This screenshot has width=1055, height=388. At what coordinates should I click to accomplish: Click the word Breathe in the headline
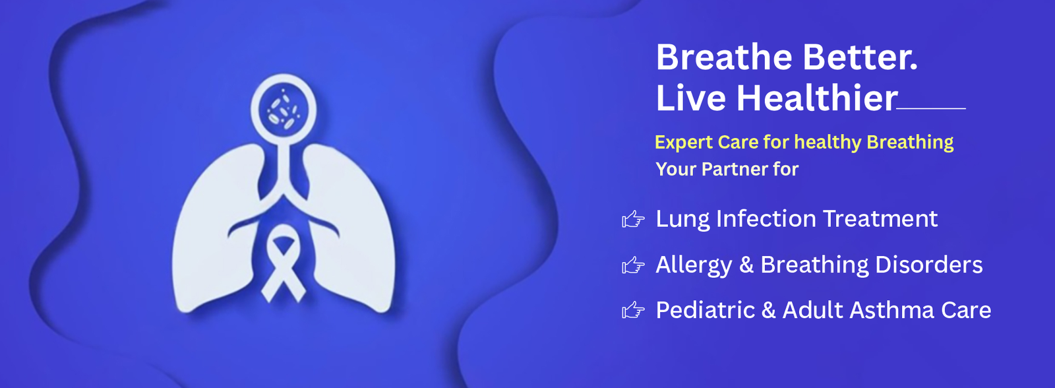(724, 57)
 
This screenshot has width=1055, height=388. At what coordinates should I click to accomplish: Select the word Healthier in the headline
(817, 98)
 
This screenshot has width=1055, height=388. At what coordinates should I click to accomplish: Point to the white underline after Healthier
(931, 108)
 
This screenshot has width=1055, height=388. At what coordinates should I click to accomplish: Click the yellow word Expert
(683, 143)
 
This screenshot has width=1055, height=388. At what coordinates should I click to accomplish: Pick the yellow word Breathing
(910, 143)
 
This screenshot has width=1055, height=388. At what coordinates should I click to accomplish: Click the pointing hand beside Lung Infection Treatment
(633, 219)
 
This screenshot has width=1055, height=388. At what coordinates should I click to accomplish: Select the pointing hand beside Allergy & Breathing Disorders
(633, 265)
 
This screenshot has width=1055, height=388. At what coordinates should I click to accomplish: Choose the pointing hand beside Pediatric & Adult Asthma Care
(633, 310)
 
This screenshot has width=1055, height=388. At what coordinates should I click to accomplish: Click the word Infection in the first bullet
(766, 219)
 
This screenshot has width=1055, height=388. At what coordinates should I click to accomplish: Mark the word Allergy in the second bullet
(694, 265)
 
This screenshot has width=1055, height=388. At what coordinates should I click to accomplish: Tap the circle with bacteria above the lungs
(283, 108)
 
